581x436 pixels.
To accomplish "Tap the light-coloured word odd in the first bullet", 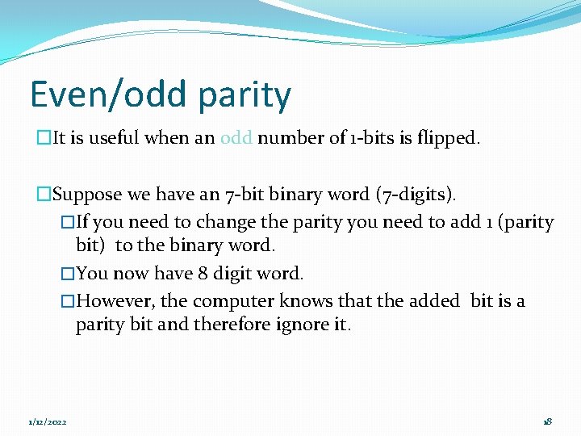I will coord(236,138).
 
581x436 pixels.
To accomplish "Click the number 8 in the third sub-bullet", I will coord(203,274).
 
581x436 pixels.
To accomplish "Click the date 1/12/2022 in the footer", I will coord(48,422).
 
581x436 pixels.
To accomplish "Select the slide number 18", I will coord(547,422).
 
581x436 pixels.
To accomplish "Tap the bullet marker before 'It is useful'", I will coord(44,138).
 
